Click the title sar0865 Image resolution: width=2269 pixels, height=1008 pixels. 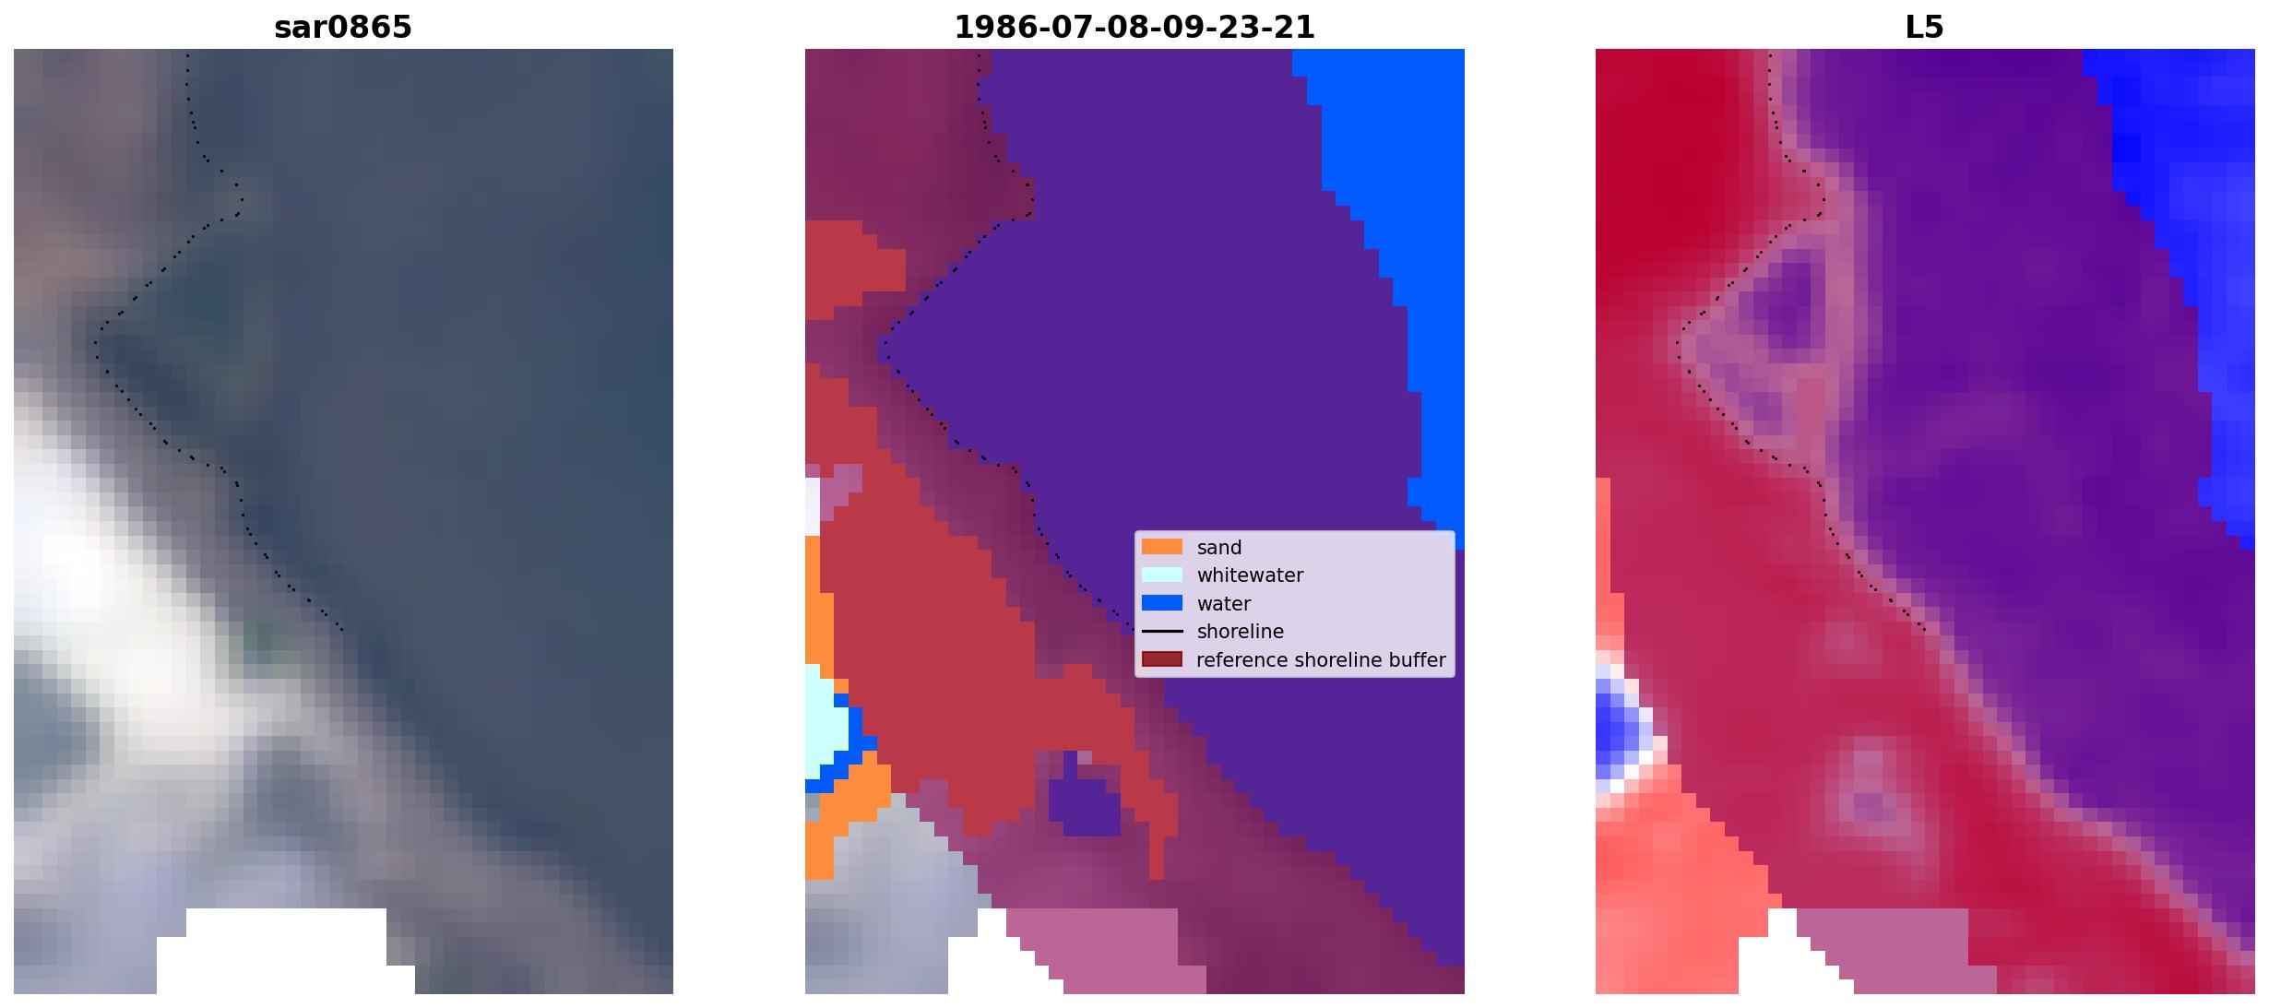[x=343, y=28]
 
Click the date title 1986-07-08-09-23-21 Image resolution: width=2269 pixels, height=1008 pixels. [x=1134, y=28]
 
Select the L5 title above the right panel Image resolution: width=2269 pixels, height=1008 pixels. [x=1924, y=28]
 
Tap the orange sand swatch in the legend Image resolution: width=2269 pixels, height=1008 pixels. [x=1162, y=547]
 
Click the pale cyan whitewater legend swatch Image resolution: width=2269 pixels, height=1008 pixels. [x=1162, y=575]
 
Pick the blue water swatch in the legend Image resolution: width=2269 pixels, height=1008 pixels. [x=1162, y=603]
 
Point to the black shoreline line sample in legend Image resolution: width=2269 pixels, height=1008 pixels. [x=1162, y=632]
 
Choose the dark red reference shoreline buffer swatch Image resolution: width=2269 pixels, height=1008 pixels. [x=1162, y=659]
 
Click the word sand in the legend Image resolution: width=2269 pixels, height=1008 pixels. [x=1219, y=548]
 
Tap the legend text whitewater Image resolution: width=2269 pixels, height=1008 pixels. [x=1250, y=575]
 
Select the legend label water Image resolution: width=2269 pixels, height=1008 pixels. [x=1224, y=604]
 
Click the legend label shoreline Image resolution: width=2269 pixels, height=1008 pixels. [x=1241, y=632]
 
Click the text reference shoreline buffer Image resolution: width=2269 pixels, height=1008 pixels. [x=1321, y=660]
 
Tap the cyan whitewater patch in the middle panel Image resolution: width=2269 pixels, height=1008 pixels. [x=823, y=719]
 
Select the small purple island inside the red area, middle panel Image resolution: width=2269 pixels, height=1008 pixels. [x=1085, y=804]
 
